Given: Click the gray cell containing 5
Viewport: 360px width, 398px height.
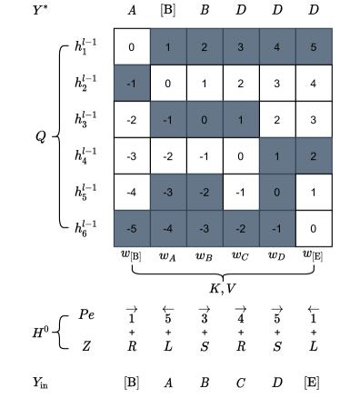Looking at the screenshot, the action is coord(314,46).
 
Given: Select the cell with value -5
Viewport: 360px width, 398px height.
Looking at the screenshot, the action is coord(132,228).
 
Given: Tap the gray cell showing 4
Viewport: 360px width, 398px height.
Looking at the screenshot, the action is coord(277,46).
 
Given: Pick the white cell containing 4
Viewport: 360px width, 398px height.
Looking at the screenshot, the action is coord(314,83).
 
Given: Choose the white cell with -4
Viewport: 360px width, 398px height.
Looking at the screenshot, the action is coord(132,192).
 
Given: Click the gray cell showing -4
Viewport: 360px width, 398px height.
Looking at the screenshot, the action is coord(168,228).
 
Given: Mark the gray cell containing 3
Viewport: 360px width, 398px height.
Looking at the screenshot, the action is coord(241,46).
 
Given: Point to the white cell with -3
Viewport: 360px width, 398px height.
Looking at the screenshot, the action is coord(132,155).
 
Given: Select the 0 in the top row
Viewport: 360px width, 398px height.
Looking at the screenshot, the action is coord(132,46).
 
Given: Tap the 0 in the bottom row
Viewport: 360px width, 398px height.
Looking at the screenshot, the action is coord(314,228).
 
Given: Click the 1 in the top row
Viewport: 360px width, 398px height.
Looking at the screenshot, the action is coord(168,46).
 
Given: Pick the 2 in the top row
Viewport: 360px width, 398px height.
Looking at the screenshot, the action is coord(205,46).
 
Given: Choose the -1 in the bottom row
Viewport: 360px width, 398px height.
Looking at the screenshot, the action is coord(277,228).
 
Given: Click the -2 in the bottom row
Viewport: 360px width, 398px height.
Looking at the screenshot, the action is coord(241,228).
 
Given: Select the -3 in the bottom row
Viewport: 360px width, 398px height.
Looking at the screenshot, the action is coord(205,228).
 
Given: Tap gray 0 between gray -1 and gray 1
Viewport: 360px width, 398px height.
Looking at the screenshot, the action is coord(205,119).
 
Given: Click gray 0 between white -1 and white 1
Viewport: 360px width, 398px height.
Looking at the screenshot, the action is coord(277,192).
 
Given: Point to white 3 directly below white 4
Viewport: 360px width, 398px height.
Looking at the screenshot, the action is coord(314,119).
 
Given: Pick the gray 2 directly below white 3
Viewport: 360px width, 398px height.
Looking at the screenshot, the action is coord(314,155).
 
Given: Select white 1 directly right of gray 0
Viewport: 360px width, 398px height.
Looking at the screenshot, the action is coord(314,192).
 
